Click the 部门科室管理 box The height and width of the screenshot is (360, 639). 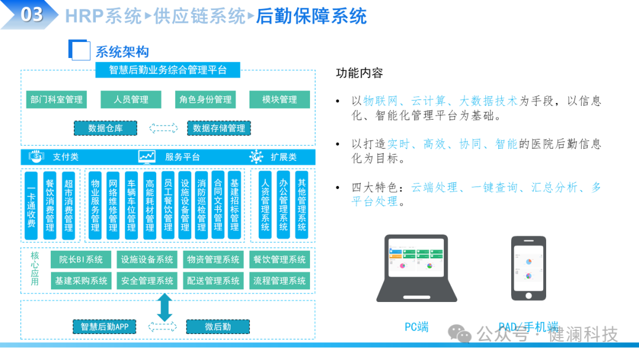(57, 99)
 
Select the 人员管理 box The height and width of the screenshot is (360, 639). (131, 99)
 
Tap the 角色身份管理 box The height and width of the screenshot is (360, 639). (205, 99)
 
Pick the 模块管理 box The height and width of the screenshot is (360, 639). (280, 99)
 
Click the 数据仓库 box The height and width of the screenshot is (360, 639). (105, 128)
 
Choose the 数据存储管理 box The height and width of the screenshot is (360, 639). (219, 128)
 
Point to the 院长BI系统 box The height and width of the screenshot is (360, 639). (81, 259)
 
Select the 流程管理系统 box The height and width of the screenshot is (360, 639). (280, 280)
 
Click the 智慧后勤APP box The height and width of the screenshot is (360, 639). (105, 326)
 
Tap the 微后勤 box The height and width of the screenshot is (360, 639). (218, 326)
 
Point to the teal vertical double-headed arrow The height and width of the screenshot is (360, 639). (164, 307)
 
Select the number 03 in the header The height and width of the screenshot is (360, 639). (32, 14)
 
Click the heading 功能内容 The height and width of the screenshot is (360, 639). (359, 73)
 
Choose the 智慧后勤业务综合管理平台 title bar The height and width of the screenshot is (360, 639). (168, 70)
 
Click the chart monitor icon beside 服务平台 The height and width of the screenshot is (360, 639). (147, 156)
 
